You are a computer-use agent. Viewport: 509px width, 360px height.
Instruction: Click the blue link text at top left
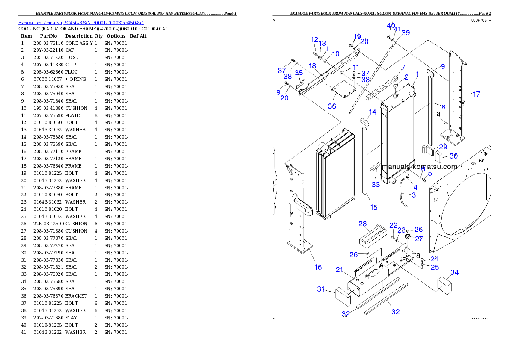81,22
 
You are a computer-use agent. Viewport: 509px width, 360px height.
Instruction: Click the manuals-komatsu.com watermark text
419,167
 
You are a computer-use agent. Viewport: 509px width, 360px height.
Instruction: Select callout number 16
318,267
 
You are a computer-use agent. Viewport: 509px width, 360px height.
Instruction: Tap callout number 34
455,272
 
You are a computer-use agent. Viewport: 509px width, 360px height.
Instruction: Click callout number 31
321,289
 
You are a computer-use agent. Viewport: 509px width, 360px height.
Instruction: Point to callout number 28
362,224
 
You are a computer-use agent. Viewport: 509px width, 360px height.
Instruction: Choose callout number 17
476,94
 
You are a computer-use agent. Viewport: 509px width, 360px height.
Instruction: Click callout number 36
331,106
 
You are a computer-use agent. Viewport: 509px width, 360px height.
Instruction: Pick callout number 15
374,207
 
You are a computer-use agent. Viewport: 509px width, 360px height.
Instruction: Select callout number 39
405,33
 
